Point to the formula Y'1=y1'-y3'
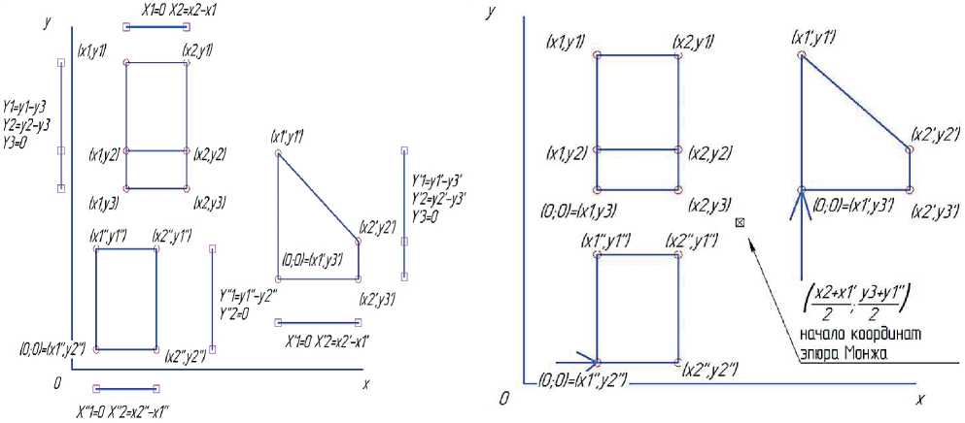439,181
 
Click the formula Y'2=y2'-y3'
440,198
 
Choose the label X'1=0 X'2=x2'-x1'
327,342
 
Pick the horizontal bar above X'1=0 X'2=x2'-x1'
318,322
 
